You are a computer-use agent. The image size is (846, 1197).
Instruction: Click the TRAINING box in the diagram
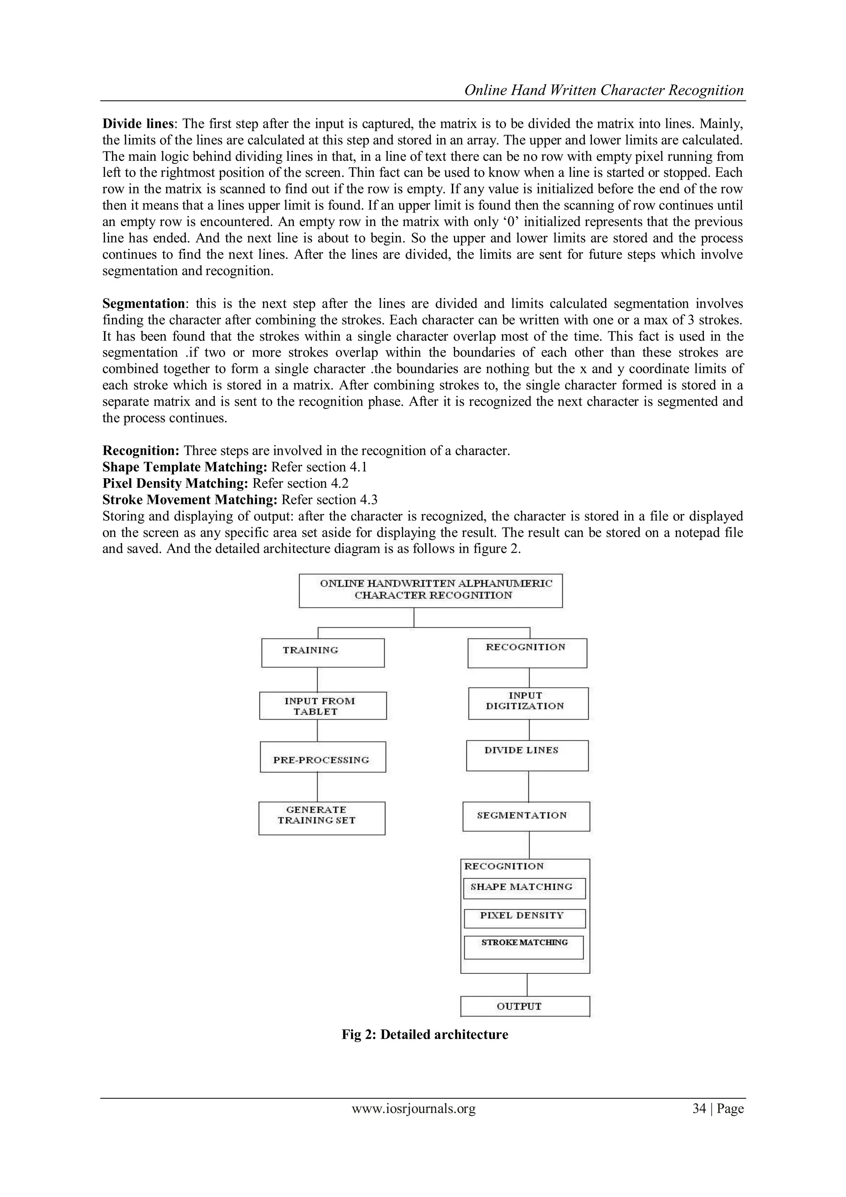pos(323,653)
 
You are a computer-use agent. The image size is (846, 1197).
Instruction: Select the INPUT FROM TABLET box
pos(323,706)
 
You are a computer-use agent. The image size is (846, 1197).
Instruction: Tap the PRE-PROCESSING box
pos(323,756)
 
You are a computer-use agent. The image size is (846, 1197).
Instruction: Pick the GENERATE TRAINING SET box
pos(321,818)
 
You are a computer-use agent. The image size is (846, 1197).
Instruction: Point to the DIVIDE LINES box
pos(527,756)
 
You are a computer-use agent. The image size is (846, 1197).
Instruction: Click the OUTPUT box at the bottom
pos(525,1006)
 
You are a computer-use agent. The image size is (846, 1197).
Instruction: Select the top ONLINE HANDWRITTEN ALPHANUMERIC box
pos(430,590)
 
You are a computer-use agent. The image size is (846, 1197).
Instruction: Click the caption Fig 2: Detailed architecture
pos(425,1034)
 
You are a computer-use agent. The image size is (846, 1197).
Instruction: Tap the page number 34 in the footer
pos(698,1109)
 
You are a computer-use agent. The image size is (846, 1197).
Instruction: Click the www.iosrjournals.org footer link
pos(413,1109)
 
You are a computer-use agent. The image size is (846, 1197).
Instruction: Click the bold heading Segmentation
pos(143,303)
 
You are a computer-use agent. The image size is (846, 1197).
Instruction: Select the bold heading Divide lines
pos(138,124)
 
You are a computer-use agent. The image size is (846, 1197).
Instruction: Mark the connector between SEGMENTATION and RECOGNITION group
pos(529,844)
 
